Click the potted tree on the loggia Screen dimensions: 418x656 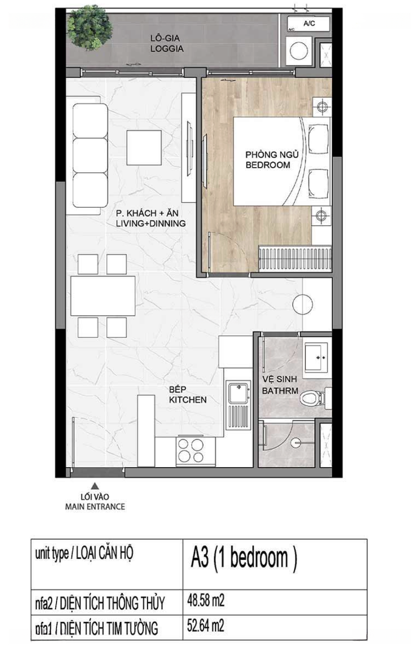click(89, 27)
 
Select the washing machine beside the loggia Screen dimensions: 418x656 click(299, 50)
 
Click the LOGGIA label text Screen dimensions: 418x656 click(167, 49)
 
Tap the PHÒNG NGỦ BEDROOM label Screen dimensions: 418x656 click(272, 160)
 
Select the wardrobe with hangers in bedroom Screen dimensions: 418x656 click(295, 258)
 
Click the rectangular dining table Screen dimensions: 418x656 click(103, 295)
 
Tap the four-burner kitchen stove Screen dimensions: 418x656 click(190, 450)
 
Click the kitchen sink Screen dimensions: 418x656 click(238, 405)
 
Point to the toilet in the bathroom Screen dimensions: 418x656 click(313, 397)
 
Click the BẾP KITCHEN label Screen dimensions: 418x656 click(188, 395)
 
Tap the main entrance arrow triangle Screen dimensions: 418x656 click(95, 486)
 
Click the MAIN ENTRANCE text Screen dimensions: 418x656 click(95, 507)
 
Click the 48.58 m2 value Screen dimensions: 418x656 click(206, 601)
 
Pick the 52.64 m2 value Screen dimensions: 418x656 click(206, 626)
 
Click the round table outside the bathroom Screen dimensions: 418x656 click(303, 304)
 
